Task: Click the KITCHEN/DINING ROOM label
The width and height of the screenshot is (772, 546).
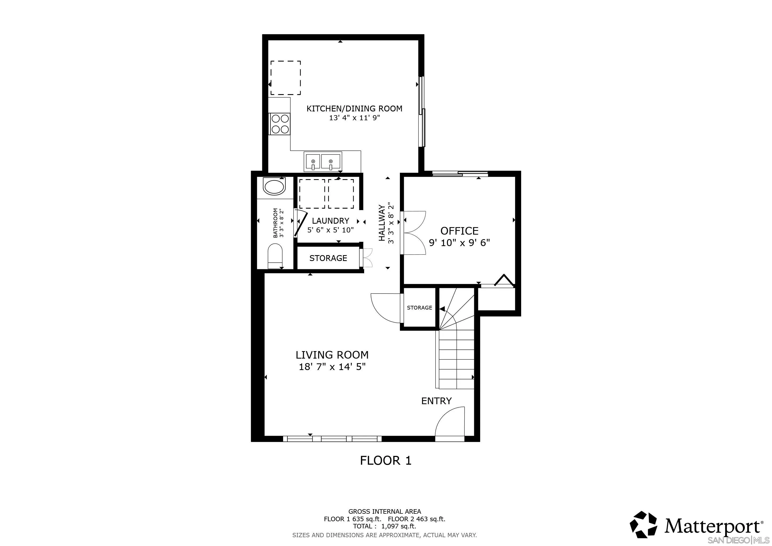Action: (354, 109)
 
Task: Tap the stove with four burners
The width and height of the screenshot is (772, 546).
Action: (280, 124)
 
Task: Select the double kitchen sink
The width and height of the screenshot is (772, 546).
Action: (323, 162)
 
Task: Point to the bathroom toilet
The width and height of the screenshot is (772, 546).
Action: (275, 256)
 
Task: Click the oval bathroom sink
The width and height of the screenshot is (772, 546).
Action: (274, 187)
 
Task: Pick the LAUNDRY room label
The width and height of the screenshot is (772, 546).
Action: (331, 221)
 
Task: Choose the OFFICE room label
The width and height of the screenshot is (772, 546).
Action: (459, 231)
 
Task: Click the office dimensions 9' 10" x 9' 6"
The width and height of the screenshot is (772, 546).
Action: (459, 243)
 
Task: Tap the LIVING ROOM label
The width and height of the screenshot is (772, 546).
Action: (332, 355)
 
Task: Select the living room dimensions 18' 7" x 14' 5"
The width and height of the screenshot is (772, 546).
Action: (332, 367)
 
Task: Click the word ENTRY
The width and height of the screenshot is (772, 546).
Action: (436, 401)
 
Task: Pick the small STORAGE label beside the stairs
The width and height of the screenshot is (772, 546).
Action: (419, 308)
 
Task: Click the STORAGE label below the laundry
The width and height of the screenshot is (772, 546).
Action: (328, 258)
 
